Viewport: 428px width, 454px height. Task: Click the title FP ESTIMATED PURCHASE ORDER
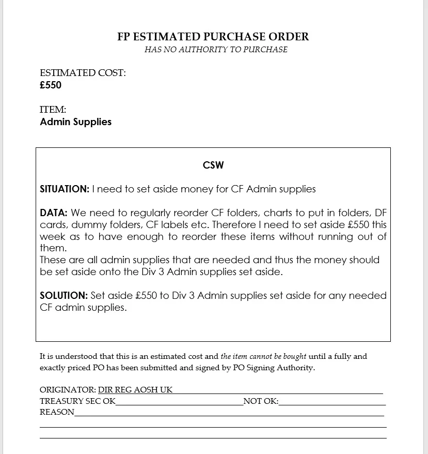213,37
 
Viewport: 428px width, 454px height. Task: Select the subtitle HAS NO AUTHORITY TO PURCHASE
216,50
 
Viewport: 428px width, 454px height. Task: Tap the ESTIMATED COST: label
83,73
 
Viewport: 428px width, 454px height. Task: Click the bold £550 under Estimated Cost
51,85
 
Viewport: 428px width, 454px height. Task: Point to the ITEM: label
53,110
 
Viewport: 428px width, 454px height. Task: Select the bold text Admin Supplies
75,122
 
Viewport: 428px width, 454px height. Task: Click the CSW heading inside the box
213,165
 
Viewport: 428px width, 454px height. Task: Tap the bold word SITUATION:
65,189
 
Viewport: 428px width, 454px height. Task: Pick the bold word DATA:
54,213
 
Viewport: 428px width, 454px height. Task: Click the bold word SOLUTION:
64,296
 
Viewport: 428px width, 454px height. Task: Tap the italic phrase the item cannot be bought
263,356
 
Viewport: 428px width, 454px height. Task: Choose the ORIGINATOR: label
68,389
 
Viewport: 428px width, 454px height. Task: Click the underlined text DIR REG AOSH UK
135,389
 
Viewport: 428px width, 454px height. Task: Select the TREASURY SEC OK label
77,401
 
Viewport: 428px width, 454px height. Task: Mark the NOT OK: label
261,401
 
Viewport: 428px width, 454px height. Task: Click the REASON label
57,412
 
